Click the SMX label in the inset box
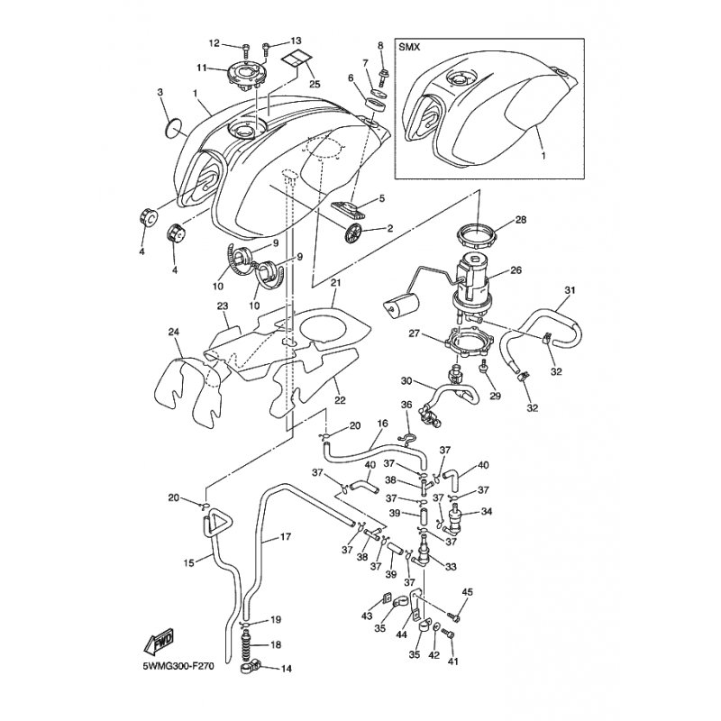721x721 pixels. point(410,48)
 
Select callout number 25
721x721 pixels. point(315,84)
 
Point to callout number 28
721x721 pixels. point(521,220)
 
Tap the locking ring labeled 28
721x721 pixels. point(477,233)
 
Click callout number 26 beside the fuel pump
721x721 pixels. point(516,269)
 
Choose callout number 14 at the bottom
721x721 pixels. point(287,669)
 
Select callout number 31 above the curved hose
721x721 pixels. point(570,290)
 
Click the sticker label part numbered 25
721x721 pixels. point(297,59)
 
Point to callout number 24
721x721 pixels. point(174,332)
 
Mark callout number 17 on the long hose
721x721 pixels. point(285,536)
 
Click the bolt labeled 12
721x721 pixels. point(247,47)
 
